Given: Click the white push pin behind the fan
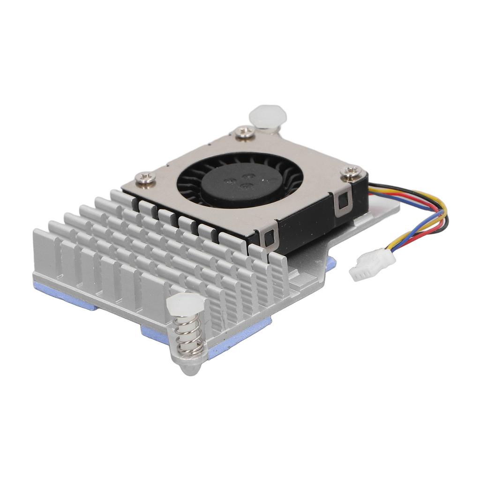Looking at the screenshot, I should [267, 115].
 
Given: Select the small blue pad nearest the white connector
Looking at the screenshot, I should [330, 265].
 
